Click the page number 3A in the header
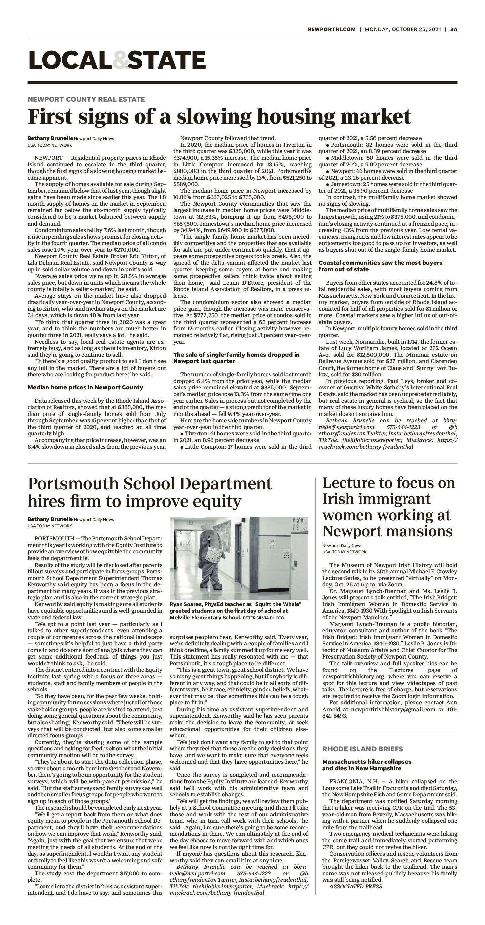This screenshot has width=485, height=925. (x=454, y=30)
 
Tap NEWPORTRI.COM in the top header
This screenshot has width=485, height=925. (x=331, y=30)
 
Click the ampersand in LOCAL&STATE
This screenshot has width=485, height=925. (x=120, y=60)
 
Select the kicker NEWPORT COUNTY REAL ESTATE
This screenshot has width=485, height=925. (x=86, y=99)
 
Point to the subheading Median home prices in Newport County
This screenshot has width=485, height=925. (x=85, y=387)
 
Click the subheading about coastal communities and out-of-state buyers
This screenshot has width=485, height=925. (x=380, y=266)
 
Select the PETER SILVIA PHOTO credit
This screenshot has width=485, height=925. (x=263, y=618)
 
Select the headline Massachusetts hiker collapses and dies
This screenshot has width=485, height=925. (x=366, y=765)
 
